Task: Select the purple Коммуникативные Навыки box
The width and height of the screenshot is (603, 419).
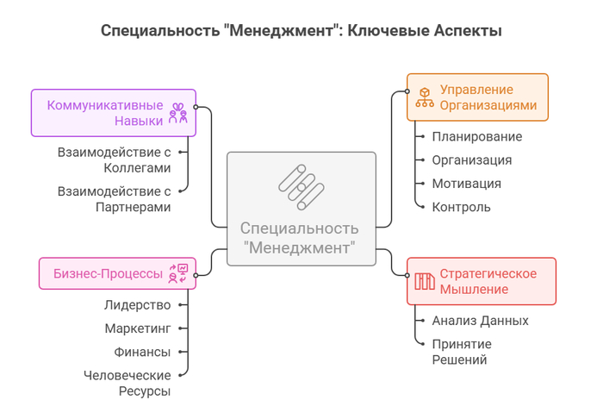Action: click(114, 113)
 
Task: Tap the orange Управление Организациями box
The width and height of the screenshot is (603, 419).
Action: click(477, 97)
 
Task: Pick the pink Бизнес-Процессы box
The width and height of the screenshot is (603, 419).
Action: click(117, 273)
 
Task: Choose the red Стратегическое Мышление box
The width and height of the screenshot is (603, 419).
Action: click(482, 281)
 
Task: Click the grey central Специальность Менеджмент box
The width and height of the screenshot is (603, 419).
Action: click(301, 209)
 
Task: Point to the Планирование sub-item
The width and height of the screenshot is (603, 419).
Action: click(477, 136)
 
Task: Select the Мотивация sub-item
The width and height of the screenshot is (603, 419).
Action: click(467, 184)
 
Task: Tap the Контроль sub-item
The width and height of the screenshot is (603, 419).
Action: click(461, 207)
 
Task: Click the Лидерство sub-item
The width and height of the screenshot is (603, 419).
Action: click(137, 305)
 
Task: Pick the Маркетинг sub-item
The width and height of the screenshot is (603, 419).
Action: click(138, 328)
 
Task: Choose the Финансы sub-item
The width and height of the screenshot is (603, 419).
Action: click(142, 352)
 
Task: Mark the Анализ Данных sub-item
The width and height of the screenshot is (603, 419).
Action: click(481, 321)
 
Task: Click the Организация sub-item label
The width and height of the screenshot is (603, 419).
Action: click(472, 160)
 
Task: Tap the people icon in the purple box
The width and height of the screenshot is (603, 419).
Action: click(178, 113)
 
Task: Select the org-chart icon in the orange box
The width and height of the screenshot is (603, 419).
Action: click(425, 97)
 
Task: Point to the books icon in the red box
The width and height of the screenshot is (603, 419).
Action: click(425, 281)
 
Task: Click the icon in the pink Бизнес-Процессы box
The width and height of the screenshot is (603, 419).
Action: click(178, 273)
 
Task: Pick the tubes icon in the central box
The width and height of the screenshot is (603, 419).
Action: click(301, 187)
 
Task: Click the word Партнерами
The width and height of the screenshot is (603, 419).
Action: click(133, 207)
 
